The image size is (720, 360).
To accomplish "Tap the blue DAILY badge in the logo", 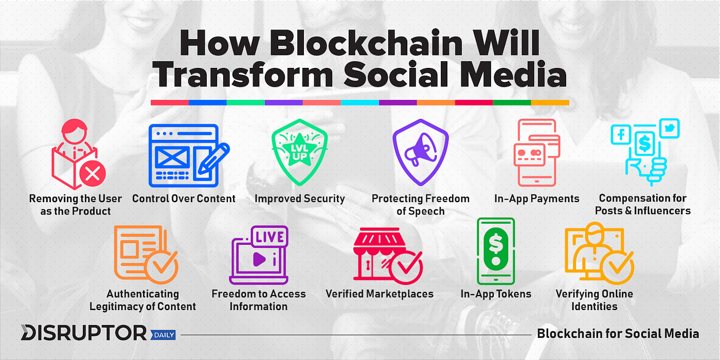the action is point(164,335).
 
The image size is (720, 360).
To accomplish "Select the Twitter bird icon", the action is point(670,128).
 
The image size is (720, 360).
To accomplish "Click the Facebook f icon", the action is point(621,135).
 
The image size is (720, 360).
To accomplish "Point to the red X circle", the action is point(93,174).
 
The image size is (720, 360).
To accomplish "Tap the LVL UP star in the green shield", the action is point(299,150).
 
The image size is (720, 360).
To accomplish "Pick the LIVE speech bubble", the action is point(269,237).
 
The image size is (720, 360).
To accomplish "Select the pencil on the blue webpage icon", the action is point(213,159).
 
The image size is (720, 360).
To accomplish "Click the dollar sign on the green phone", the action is point(496,243).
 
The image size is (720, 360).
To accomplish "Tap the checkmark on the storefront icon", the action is point(406,267).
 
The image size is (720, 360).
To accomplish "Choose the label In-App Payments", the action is point(536,199).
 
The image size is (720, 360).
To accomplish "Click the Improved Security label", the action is point(299,199).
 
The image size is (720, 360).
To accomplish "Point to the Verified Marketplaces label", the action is point(380,294).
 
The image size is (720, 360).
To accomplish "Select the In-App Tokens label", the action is point(496,294).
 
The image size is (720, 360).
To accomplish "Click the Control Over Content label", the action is point(184,199).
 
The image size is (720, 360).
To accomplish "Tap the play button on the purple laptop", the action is point(259,259).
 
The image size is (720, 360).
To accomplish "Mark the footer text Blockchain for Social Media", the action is point(618,334).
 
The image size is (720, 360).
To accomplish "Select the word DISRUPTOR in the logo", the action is point(83,332).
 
